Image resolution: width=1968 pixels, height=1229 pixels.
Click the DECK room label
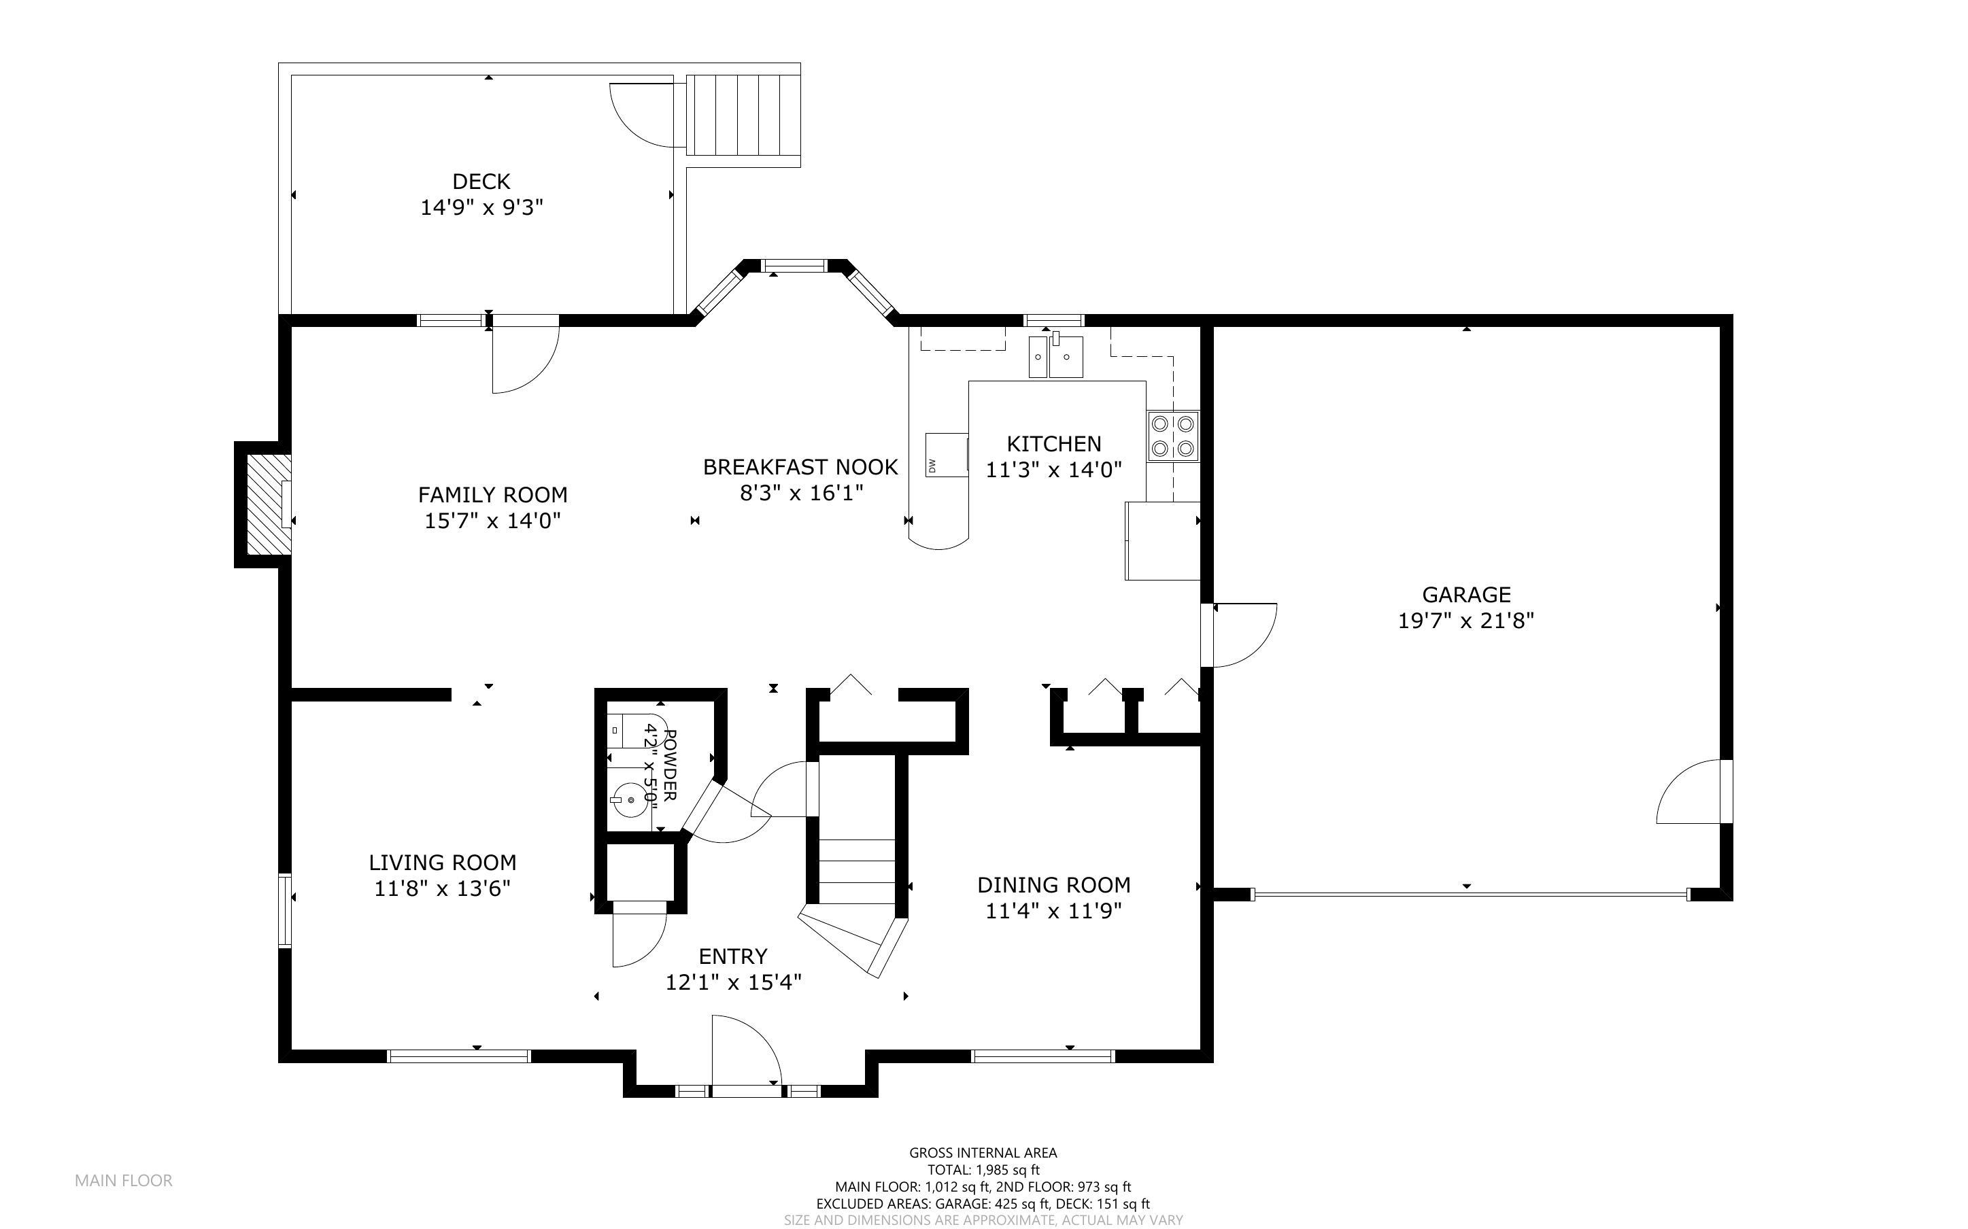481,181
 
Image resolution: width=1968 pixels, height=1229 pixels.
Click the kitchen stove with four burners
1172,436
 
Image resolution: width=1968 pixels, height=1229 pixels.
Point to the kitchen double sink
1056,358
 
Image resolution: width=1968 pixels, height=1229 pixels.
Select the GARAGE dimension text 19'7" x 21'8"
1465,622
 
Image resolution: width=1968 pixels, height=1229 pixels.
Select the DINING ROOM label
1053,884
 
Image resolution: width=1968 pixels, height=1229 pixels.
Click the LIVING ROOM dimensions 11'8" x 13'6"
442,889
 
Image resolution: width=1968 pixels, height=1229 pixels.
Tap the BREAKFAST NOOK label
800,466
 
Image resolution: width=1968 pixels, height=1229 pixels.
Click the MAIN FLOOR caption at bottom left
124,1180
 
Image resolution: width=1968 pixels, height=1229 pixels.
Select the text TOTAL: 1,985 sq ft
983,1170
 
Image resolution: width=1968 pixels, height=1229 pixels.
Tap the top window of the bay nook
794,264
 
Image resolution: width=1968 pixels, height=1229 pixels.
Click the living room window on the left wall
284,910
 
